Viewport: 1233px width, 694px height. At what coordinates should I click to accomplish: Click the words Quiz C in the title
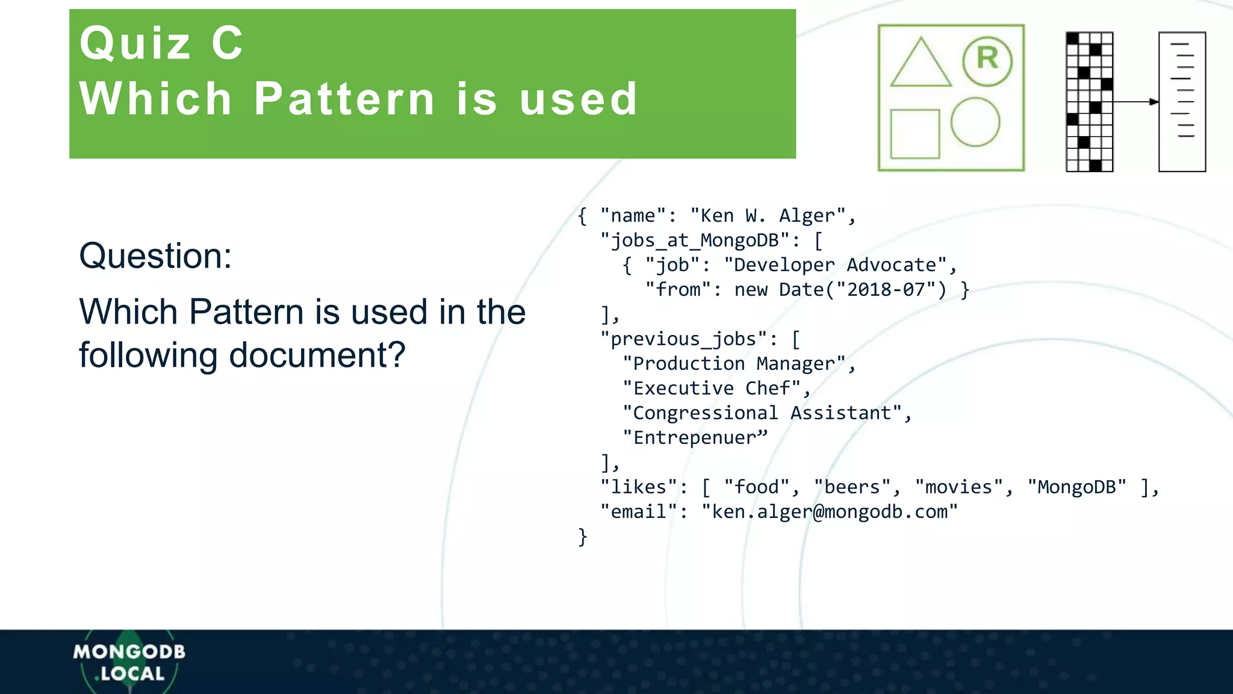pyautogui.click(x=161, y=43)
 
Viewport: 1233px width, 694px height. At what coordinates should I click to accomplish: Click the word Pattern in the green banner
pyautogui.click(x=344, y=99)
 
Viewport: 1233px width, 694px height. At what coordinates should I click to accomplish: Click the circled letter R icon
pyautogui.click(x=987, y=60)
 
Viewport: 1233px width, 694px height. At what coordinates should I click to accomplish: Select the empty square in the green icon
pyautogui.click(x=915, y=134)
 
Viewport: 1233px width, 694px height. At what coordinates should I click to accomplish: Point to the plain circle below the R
pyautogui.click(x=975, y=122)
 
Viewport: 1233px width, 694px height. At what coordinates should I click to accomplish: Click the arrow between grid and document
pyautogui.click(x=1135, y=102)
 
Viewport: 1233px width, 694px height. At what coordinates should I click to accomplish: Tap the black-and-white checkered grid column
pyautogui.click(x=1089, y=102)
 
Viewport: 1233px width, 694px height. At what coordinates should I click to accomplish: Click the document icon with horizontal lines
pyautogui.click(x=1182, y=102)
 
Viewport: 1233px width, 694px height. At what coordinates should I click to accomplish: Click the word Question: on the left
pyautogui.click(x=155, y=255)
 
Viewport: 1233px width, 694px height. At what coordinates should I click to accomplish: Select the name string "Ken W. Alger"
pyautogui.click(x=768, y=216)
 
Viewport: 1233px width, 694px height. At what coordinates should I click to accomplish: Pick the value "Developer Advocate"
pyautogui.click(x=835, y=265)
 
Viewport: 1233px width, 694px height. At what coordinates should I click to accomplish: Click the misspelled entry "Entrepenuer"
pyautogui.click(x=695, y=438)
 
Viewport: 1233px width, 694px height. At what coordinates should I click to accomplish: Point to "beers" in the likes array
pyautogui.click(x=851, y=487)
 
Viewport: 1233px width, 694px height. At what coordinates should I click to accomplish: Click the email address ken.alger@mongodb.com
pyautogui.click(x=829, y=512)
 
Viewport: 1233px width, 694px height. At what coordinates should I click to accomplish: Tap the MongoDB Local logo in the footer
pyautogui.click(x=129, y=662)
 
